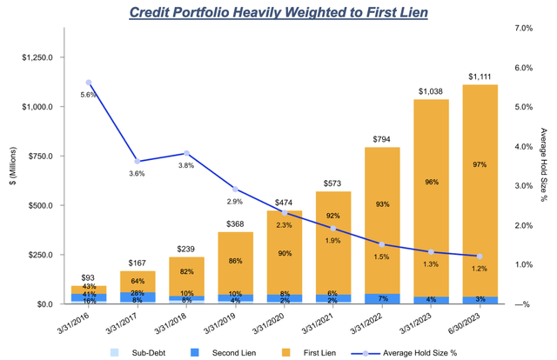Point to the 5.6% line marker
(89, 83)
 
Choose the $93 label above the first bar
(89, 277)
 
